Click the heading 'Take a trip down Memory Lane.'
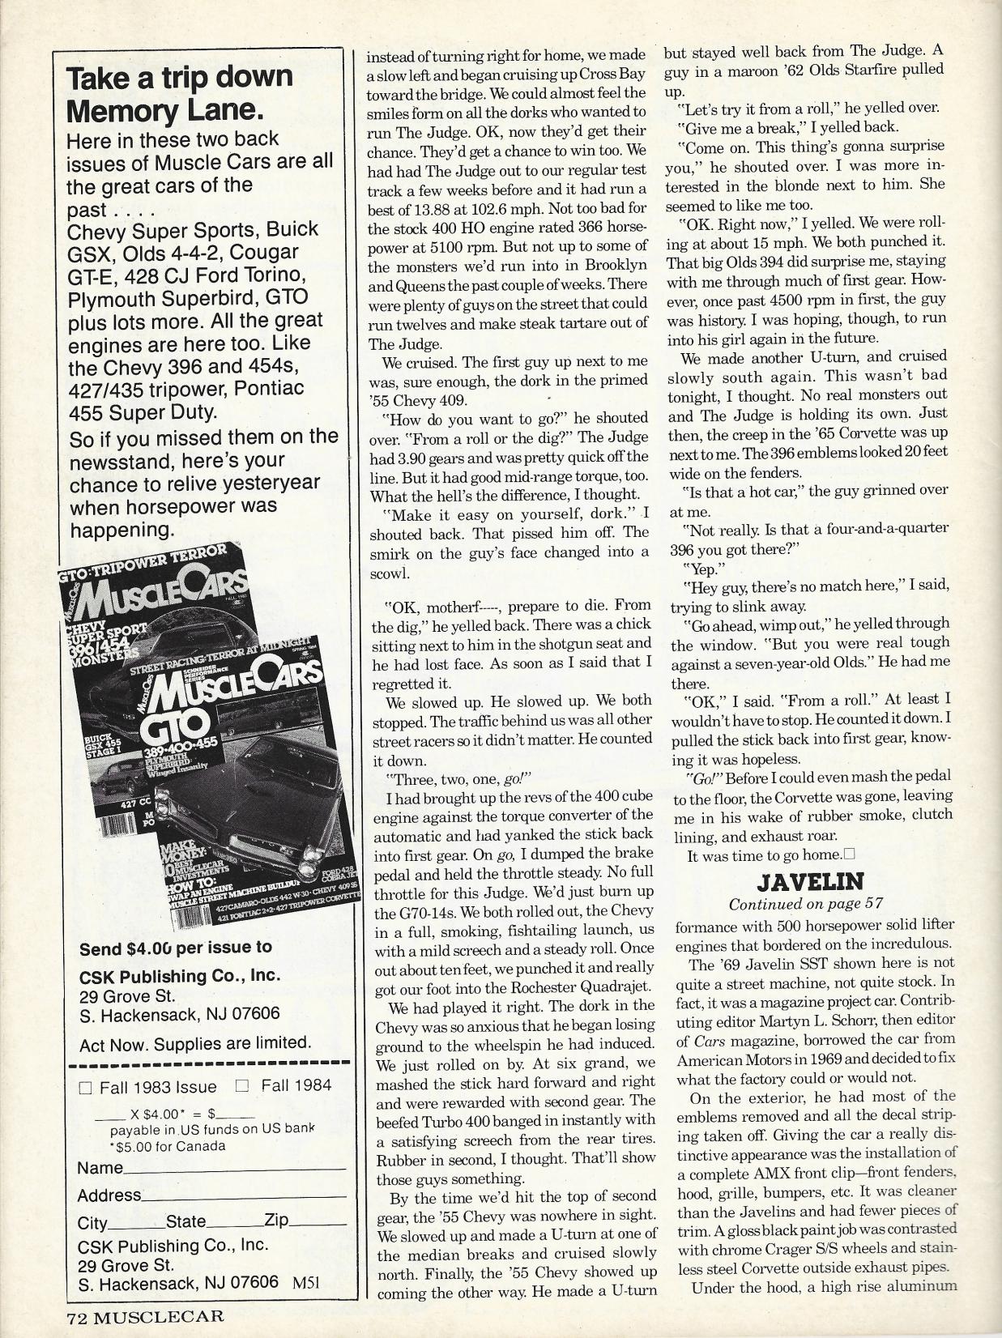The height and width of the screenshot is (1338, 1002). (179, 92)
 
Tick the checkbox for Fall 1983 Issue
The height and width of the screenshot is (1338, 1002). (85, 1088)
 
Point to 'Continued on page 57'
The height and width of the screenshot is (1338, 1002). (805, 903)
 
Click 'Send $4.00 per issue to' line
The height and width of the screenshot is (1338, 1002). (176, 948)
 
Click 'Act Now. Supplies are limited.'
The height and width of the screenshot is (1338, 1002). (195, 1043)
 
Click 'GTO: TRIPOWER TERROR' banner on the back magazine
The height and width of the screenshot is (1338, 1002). (143, 565)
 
